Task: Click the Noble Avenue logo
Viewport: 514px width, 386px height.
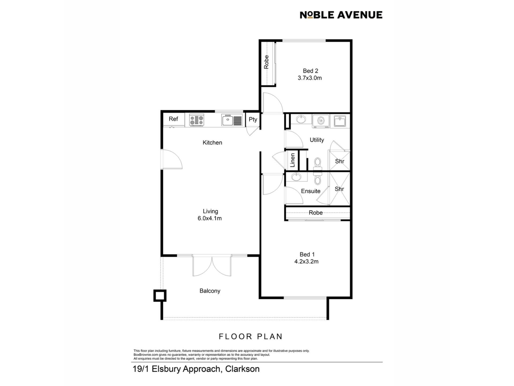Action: (341, 15)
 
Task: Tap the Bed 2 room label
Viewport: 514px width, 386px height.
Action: (311, 71)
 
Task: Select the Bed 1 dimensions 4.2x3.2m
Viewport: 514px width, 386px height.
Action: (307, 262)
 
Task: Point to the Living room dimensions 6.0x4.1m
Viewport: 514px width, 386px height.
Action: (210, 218)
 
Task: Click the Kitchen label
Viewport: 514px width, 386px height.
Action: (212, 143)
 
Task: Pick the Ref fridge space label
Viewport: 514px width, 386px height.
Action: (173, 119)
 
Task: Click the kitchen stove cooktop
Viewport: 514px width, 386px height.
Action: (196, 120)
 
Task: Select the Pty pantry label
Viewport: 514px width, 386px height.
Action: (253, 120)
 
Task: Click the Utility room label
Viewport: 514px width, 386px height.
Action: (317, 140)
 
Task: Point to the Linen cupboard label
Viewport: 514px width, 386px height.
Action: (293, 160)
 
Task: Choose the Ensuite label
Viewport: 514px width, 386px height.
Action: (311, 191)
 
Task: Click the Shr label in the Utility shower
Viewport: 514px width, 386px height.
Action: (339, 161)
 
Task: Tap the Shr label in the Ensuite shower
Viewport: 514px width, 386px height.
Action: (339, 189)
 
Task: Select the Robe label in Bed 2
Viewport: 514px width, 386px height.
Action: (266, 62)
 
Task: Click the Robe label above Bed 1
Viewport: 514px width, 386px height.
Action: (316, 213)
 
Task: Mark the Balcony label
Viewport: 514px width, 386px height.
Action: (210, 291)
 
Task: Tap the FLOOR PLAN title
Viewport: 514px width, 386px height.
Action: (251, 336)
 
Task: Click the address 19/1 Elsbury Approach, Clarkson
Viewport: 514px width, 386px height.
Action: (196, 369)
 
